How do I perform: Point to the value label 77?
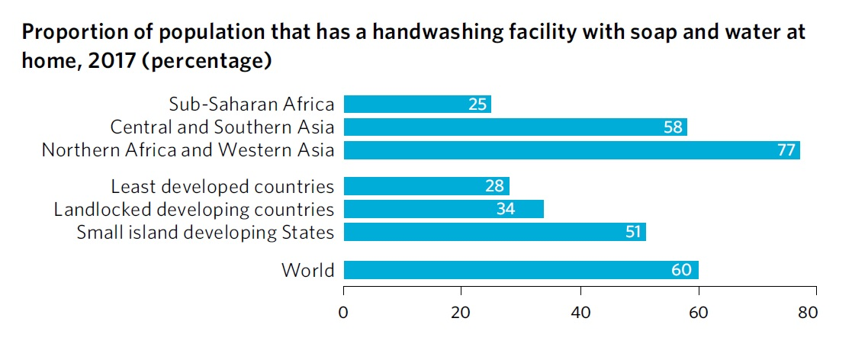pyautogui.click(x=786, y=150)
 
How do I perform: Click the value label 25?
pyautogui.click(x=477, y=104)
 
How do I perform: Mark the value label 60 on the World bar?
pyautogui.click(x=681, y=270)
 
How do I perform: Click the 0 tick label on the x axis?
pyautogui.click(x=344, y=312)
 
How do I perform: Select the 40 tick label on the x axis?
pyautogui.click(x=580, y=312)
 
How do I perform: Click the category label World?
pyautogui.click(x=307, y=270)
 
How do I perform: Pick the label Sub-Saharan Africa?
pyautogui.click(x=251, y=104)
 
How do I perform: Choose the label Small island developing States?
pyautogui.click(x=205, y=233)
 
